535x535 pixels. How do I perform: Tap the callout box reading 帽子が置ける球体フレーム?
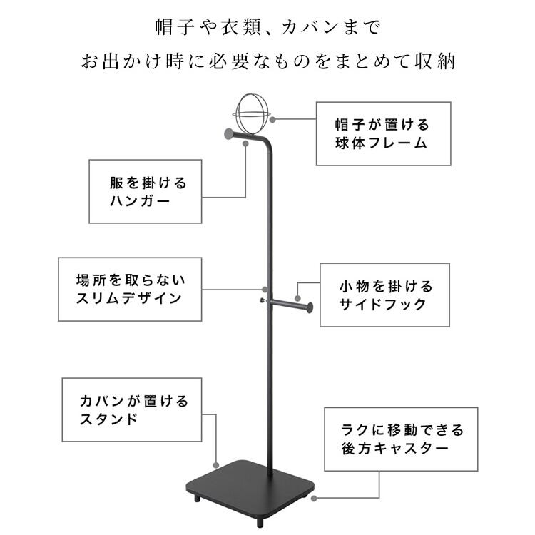point(382,133)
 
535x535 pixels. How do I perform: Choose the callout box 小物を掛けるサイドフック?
point(384,295)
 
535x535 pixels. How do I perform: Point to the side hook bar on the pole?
point(290,305)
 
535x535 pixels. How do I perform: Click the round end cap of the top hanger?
point(228,133)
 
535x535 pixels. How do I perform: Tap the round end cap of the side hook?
point(310,307)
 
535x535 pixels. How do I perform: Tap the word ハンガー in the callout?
point(140,201)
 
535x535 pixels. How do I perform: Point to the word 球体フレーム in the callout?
point(382,143)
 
